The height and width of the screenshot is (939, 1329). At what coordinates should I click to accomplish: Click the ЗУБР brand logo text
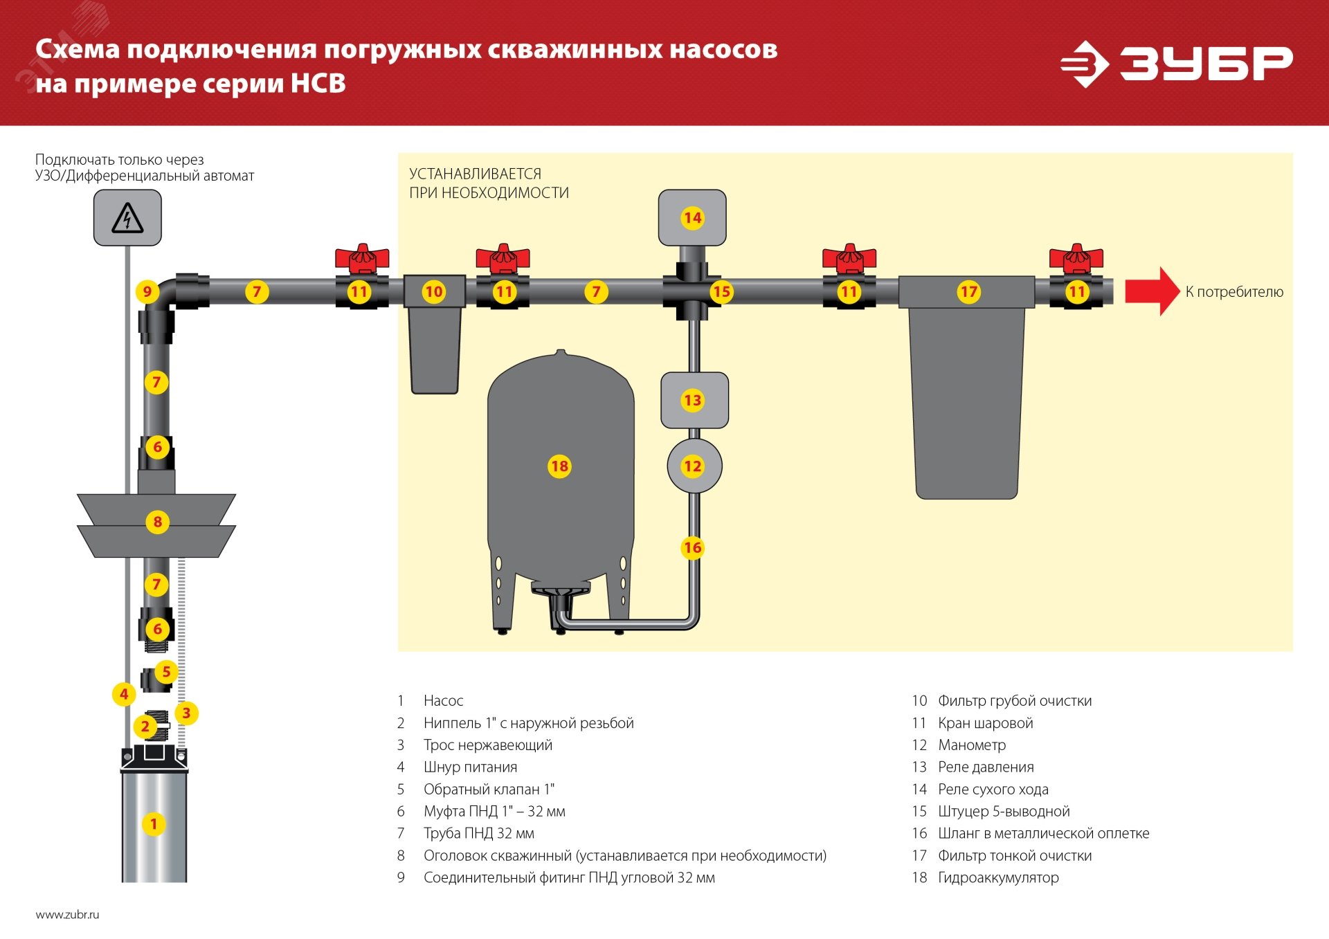click(1206, 64)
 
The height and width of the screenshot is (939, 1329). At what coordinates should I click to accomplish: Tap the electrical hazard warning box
click(127, 218)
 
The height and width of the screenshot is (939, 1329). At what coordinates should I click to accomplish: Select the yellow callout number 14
click(692, 218)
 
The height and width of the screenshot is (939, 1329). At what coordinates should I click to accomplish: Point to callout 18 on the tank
click(559, 466)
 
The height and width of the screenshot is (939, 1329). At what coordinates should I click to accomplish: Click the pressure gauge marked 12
click(693, 466)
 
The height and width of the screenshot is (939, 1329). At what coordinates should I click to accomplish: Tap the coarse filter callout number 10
click(434, 291)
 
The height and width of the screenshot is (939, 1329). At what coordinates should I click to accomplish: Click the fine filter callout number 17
click(968, 291)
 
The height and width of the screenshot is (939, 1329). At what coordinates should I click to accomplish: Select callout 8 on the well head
click(158, 521)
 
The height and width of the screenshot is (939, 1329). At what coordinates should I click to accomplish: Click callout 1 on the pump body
click(154, 823)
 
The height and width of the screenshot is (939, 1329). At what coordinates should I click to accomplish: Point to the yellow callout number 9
click(147, 291)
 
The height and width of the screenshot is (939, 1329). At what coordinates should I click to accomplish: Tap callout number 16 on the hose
click(693, 547)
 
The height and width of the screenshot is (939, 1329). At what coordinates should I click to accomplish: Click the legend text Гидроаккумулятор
click(997, 877)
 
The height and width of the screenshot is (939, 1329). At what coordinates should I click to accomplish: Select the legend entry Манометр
click(971, 745)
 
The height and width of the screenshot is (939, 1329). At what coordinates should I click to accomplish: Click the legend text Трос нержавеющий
click(487, 745)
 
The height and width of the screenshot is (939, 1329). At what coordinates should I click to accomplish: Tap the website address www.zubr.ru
click(67, 914)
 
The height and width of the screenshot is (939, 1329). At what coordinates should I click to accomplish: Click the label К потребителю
click(1233, 291)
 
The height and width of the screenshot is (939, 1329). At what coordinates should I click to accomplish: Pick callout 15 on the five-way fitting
click(721, 291)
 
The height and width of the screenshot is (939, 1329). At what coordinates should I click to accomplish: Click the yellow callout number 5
click(166, 671)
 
